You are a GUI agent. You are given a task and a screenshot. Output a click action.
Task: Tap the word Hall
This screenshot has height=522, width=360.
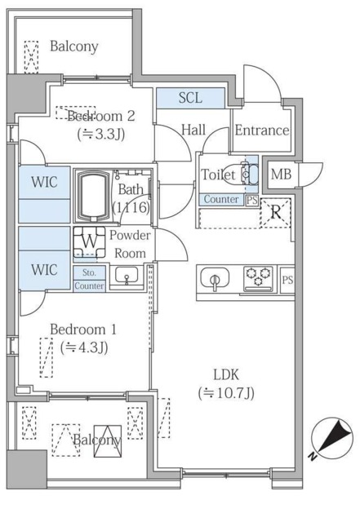[193, 130]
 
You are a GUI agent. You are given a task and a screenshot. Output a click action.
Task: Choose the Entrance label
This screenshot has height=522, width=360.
[261, 130]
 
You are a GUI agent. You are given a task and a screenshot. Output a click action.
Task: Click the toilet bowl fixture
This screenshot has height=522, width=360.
[246, 175]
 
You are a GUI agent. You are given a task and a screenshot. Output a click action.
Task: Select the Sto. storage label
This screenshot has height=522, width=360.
[88, 274]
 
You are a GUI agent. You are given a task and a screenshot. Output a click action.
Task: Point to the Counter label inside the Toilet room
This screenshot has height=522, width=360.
[220, 200]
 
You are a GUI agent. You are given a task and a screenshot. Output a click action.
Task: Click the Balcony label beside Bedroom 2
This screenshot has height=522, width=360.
[73, 47]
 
